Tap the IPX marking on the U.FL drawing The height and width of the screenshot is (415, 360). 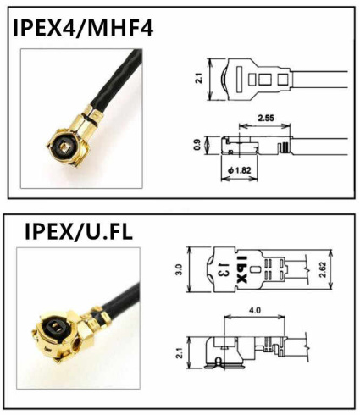coord(241,268)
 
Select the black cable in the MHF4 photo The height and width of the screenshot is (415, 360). coord(119,80)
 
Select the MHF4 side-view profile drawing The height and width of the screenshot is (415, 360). coord(254,146)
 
